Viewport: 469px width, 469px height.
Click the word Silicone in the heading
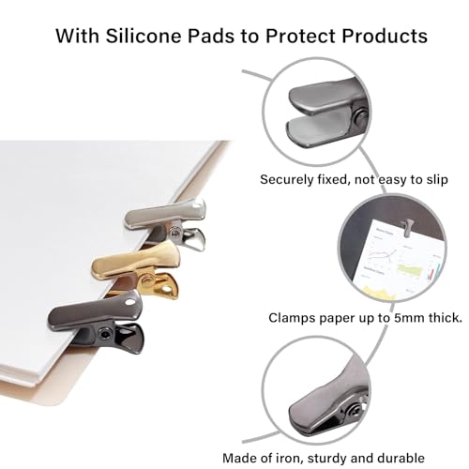[144, 36]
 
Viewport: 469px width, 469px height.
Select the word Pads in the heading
[211, 36]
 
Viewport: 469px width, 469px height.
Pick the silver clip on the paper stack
[165, 223]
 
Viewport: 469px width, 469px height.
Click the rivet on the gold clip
[146, 280]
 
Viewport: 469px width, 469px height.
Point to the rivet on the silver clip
[175, 232]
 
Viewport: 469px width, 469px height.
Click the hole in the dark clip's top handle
[129, 303]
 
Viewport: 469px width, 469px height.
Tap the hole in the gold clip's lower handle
[168, 289]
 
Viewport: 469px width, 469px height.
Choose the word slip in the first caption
[437, 180]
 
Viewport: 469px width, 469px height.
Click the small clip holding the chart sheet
[407, 227]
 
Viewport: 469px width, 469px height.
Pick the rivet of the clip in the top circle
[362, 117]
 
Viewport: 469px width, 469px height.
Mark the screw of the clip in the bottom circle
[356, 409]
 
